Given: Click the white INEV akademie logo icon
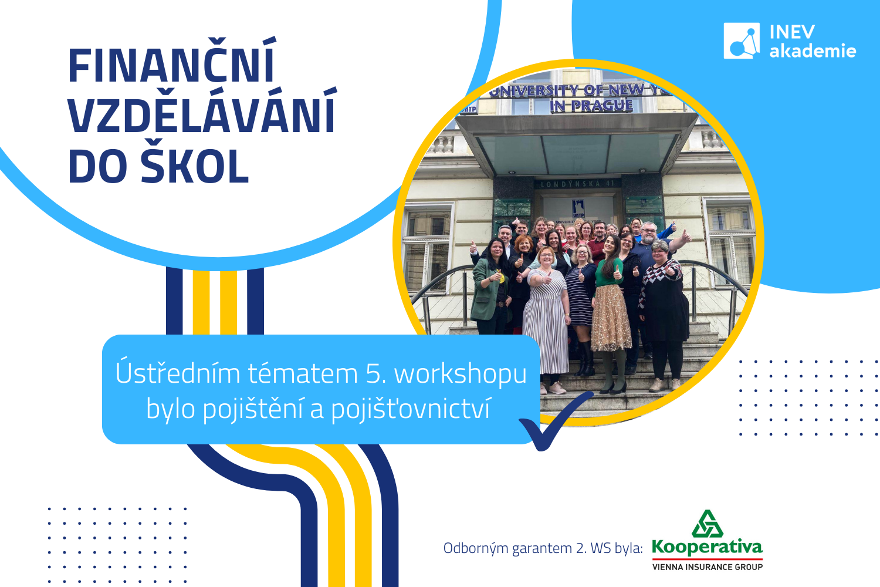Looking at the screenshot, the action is [742, 41].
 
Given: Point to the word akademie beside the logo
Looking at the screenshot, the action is [813, 50].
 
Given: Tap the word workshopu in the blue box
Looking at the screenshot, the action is [460, 374].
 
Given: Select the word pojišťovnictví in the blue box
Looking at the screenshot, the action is [411, 409].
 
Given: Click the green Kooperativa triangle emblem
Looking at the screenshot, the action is [707, 524].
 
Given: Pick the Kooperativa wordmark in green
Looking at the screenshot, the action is [707, 547].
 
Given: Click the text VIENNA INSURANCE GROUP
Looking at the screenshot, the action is [707, 567].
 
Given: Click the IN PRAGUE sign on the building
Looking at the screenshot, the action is [591, 106].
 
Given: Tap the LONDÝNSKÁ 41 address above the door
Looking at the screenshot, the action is [580, 184].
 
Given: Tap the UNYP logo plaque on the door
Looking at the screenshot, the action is [578, 209].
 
